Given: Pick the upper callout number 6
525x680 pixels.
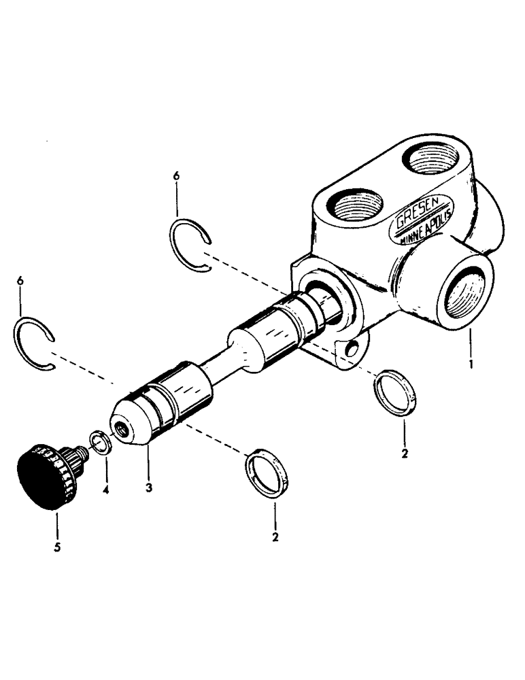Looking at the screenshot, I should coord(177,175).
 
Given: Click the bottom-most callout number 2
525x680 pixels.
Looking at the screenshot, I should coord(275,537).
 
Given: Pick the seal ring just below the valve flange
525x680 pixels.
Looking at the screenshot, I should coord(394,393).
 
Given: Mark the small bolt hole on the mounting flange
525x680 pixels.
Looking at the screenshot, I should coord(351,351).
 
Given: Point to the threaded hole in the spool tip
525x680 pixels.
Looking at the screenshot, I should coord(122,429).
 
